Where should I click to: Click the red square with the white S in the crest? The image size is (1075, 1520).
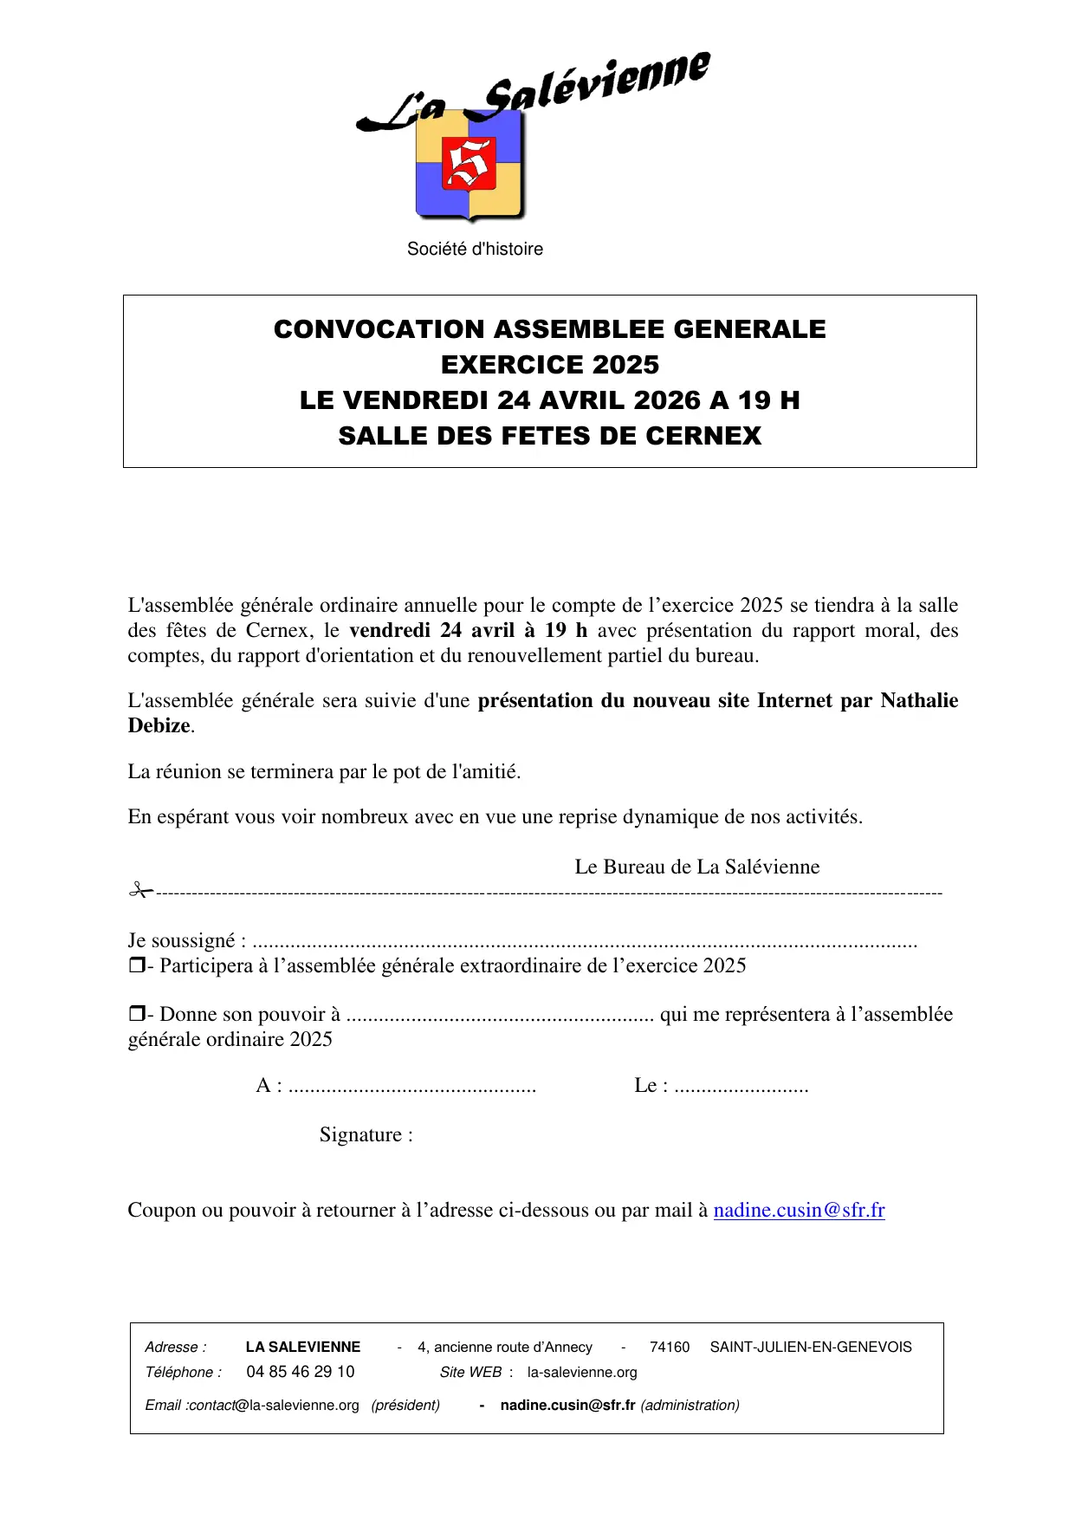pos(469,163)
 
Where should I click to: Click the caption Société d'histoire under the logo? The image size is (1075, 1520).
pos(475,250)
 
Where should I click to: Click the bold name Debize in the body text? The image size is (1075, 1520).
pos(159,726)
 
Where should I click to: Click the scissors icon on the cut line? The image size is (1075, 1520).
pos(139,890)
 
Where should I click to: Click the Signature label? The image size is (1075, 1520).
pos(366,1135)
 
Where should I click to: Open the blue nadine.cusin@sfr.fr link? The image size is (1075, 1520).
pos(799,1211)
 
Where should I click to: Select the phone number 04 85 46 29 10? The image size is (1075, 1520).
pos(301,1372)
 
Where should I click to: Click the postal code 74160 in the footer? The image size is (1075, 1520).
pos(670,1348)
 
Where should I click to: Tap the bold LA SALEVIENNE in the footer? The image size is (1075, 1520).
pos(303,1348)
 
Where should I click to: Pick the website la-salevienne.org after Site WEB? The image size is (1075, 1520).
pos(582,1373)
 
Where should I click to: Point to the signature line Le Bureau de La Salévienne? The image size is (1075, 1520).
pos(696,867)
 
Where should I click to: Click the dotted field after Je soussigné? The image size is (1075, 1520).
pos(585,943)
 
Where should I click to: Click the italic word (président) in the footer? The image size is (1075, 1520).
pos(405,1406)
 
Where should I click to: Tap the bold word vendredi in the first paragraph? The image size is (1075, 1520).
pos(389,631)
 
